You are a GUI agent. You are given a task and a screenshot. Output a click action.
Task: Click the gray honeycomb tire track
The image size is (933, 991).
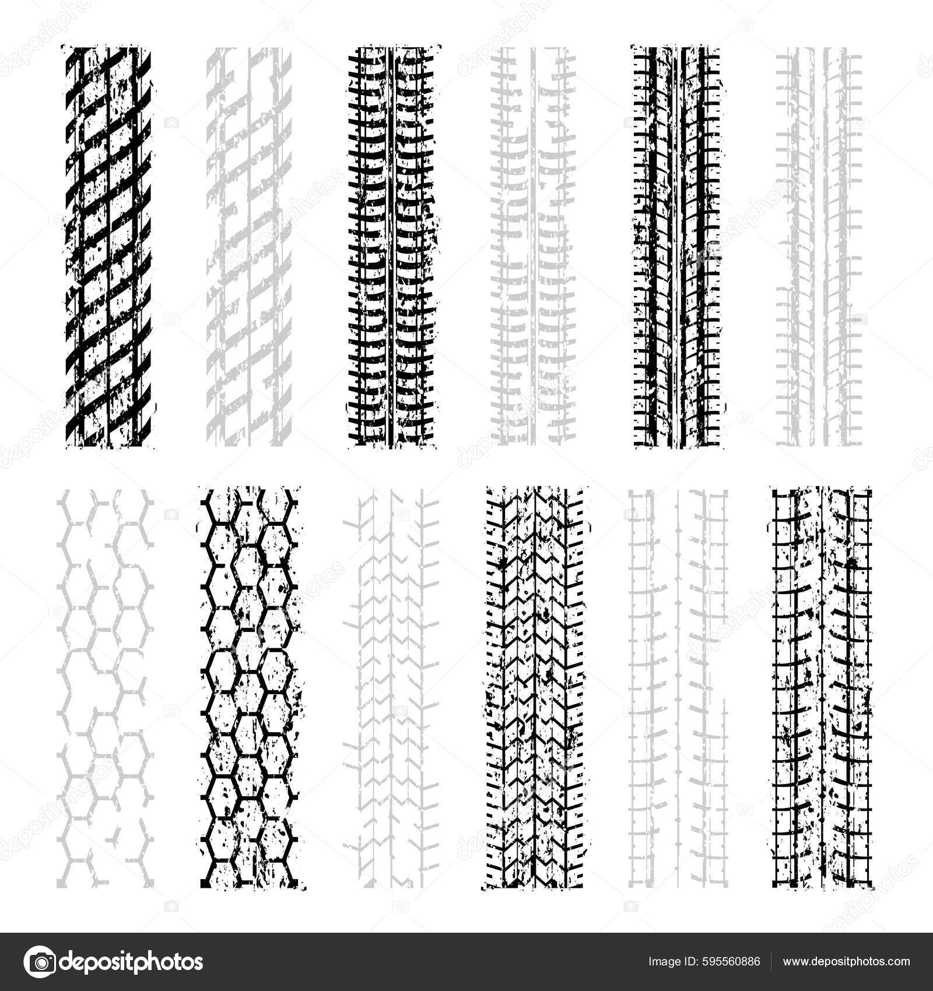click(105, 688)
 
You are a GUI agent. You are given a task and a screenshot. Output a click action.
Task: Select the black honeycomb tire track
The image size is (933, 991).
click(250, 688)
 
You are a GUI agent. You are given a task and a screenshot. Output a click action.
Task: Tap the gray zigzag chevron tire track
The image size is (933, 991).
click(391, 688)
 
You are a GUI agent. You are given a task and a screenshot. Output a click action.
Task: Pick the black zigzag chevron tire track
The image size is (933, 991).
click(534, 688)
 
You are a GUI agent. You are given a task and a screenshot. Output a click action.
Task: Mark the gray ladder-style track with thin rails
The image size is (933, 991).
click(678, 688)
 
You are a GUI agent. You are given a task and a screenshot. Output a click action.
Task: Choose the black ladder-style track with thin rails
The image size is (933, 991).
click(822, 688)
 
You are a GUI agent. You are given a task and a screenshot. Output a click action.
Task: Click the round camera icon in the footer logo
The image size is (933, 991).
click(39, 962)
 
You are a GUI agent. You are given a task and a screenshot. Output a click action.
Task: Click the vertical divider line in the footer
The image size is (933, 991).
click(771, 962)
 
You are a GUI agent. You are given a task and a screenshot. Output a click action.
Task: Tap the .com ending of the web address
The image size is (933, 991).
click(899, 962)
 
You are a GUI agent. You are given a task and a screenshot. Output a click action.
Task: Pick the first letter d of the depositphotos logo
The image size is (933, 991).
click(68, 962)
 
